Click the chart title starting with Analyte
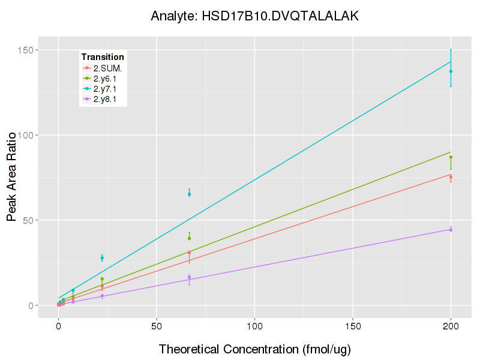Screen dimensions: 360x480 click(254, 16)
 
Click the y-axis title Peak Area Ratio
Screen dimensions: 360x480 click(12, 178)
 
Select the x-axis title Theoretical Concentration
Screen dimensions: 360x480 click(254, 349)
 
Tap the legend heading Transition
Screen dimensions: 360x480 click(103, 57)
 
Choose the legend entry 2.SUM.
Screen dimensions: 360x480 click(108, 68)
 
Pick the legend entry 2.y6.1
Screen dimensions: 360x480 click(107, 78)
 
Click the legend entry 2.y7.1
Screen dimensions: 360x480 click(107, 89)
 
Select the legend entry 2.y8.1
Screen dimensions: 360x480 click(107, 99)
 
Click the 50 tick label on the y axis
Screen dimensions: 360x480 click(35, 220)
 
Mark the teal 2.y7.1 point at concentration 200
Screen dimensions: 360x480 click(451, 71)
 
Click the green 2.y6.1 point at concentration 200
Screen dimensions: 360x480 click(451, 157)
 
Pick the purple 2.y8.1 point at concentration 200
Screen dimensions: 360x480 click(451, 230)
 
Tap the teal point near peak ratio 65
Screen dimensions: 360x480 click(189, 194)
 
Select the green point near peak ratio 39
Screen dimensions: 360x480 click(189, 238)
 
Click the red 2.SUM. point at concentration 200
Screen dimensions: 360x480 click(451, 176)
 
